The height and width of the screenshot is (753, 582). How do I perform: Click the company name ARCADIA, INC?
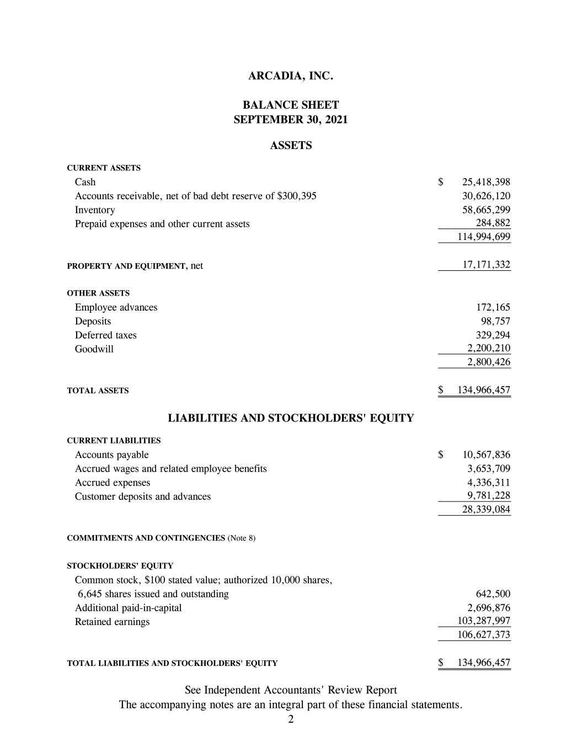pyautogui.click(x=291, y=76)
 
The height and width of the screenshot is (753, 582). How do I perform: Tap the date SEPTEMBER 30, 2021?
pyautogui.click(x=291, y=119)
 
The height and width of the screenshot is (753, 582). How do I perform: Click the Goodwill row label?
pyautogui.click(x=94, y=349)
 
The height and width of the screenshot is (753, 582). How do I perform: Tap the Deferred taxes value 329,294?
pyautogui.click(x=493, y=335)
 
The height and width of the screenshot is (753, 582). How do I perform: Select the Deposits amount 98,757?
pyautogui.click(x=495, y=321)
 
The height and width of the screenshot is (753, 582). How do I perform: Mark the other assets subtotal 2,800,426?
pyautogui.click(x=488, y=362)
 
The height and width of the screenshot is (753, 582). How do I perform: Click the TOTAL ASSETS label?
pyautogui.click(x=98, y=391)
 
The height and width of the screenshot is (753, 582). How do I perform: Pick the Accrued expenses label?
pyautogui.click(x=113, y=483)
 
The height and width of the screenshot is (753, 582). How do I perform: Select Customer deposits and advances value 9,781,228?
pyautogui.click(x=488, y=496)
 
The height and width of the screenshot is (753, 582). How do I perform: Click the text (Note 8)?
pyautogui.click(x=241, y=538)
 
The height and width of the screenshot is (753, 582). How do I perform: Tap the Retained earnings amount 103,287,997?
pyautogui.click(x=484, y=621)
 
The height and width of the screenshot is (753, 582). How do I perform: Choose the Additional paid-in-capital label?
pyautogui.click(x=128, y=608)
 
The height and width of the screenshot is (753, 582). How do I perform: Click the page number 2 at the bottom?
pyautogui.click(x=291, y=719)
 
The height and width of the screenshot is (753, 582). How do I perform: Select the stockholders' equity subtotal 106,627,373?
pyautogui.click(x=484, y=635)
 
